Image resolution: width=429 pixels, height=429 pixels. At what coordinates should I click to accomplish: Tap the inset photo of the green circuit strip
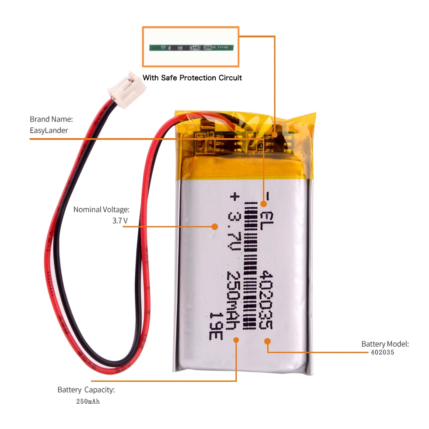(x=191, y=47)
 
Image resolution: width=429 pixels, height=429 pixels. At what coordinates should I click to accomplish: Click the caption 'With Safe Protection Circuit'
(x=192, y=78)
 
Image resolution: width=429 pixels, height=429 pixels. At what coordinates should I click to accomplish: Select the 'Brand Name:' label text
(x=51, y=119)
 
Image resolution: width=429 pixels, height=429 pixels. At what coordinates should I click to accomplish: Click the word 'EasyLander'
(x=49, y=130)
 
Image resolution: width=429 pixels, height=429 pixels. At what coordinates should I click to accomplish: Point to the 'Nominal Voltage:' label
(x=101, y=210)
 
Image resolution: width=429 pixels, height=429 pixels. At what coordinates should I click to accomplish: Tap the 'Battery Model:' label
(x=385, y=344)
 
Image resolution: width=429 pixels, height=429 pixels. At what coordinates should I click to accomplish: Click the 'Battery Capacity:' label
(x=86, y=390)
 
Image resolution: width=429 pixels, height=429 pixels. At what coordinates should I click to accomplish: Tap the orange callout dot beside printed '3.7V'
(x=215, y=226)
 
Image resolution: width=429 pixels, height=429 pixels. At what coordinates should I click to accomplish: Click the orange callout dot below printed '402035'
(x=267, y=341)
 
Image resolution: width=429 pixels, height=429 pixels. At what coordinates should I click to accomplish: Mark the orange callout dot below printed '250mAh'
(x=236, y=340)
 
